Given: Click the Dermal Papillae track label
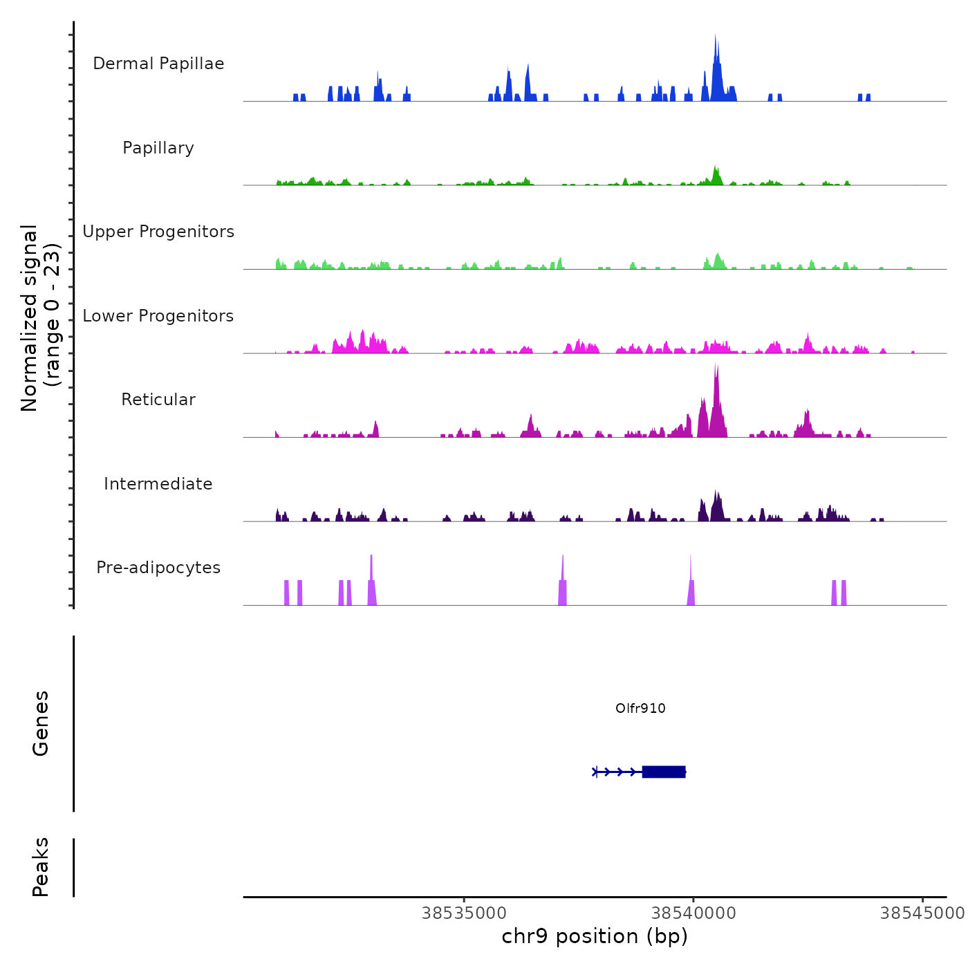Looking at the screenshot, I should coord(158,64).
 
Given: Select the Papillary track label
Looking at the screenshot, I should coord(158,148).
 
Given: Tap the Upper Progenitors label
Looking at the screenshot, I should coord(158,232).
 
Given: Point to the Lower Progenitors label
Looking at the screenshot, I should coord(158,316).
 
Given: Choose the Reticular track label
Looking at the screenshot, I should coord(158,400).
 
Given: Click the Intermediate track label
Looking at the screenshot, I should coord(158,484).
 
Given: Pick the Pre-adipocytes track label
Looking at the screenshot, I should coord(158,568).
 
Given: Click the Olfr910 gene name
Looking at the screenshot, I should coord(640,708).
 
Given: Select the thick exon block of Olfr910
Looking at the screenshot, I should coord(664,772).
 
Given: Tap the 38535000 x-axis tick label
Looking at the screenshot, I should coord(464,913).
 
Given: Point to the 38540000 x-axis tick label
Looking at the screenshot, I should coord(694,913).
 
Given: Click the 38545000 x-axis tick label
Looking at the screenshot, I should coord(922,913).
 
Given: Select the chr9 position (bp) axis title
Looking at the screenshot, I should coord(595,936).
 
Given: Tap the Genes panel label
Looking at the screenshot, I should coord(41,723).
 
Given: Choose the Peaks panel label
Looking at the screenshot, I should coord(41,867).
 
